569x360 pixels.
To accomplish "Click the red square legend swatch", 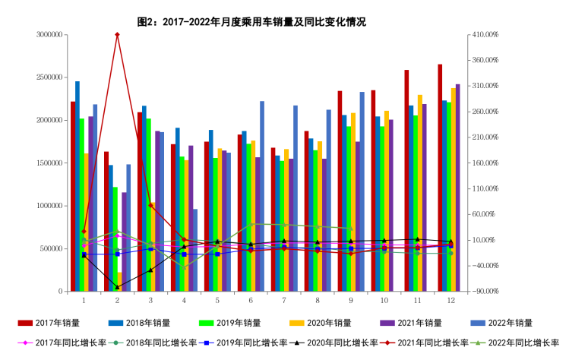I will click(x=25, y=324).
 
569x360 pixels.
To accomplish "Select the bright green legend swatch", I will click(x=206, y=324).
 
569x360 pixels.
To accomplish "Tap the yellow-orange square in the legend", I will click(x=297, y=324).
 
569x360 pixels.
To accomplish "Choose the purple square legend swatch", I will click(x=387, y=324).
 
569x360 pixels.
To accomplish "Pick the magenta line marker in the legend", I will click(x=25, y=343).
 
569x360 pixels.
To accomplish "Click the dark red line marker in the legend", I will click(x=387, y=343).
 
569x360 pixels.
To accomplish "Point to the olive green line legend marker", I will click(x=478, y=343).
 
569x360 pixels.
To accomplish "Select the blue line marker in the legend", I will click(x=206, y=343).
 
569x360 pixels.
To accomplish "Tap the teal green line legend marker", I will click(x=115, y=343).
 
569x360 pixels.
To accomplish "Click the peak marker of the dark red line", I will click(x=117, y=35).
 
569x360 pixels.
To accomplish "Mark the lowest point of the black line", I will click(x=117, y=287).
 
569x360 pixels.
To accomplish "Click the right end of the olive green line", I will click(x=350, y=229).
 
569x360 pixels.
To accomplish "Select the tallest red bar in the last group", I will click(x=440, y=178).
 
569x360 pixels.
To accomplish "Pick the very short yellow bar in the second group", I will click(x=119, y=282).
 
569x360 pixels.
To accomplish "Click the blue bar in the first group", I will click(x=77, y=186).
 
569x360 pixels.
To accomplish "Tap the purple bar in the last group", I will click(x=457, y=188).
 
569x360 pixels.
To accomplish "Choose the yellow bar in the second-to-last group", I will click(x=419, y=193).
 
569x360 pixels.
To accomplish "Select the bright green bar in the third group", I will click(x=149, y=205).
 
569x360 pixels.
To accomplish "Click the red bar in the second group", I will click(x=106, y=221).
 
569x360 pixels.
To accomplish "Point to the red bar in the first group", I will click(x=73, y=196).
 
